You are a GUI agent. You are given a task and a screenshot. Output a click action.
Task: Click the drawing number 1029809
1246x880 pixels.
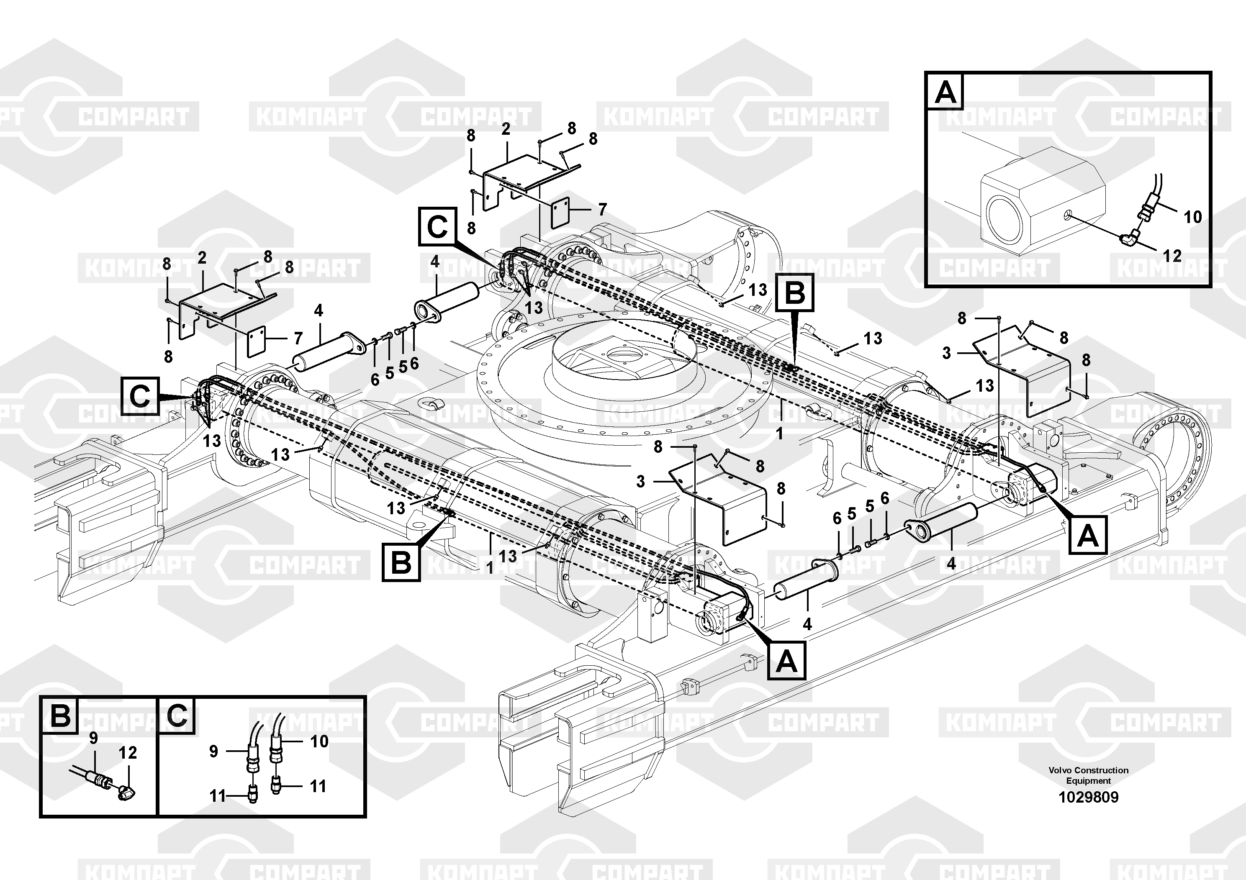pos(1088,797)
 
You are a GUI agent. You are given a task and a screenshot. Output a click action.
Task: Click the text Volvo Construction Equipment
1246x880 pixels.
pos(1088,775)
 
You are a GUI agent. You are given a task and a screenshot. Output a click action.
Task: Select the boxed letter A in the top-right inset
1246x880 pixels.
pos(946,92)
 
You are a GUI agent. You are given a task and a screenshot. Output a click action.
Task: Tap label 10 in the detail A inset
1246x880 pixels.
pos(1192,217)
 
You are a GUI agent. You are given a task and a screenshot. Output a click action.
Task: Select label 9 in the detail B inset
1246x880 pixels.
pos(93,738)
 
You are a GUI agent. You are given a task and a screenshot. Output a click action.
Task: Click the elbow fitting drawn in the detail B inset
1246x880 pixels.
pos(126,792)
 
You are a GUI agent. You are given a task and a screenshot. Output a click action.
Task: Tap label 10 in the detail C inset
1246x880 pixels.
pos(319,741)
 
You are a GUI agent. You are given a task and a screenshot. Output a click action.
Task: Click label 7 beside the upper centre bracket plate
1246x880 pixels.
pos(602,209)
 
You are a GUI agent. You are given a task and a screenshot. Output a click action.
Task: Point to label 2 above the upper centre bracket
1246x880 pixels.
pos(506,129)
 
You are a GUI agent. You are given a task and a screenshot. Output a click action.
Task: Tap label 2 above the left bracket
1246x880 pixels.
pos(202,258)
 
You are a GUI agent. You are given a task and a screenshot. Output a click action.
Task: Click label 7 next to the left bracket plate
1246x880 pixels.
pos(298,339)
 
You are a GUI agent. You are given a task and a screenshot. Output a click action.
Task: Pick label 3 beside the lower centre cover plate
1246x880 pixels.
pos(641,481)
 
